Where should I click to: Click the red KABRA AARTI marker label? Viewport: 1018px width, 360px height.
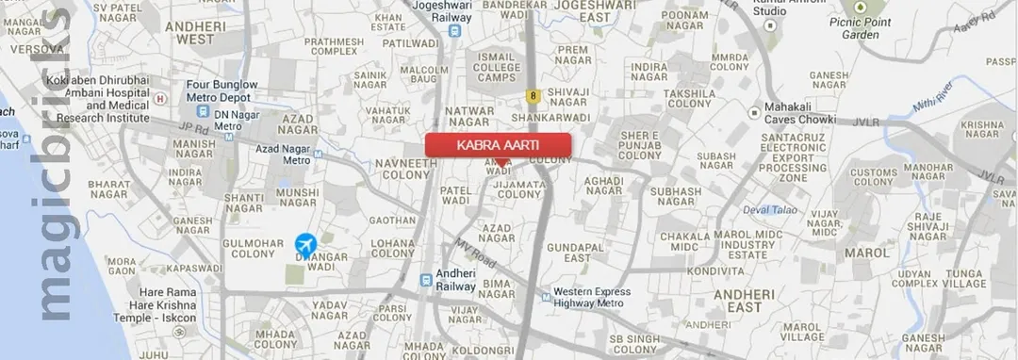point(498,146)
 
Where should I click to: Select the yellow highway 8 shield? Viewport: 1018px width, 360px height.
point(534,95)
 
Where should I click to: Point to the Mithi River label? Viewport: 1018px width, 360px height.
point(930,101)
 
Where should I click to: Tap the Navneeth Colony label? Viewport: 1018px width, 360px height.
point(406,168)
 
